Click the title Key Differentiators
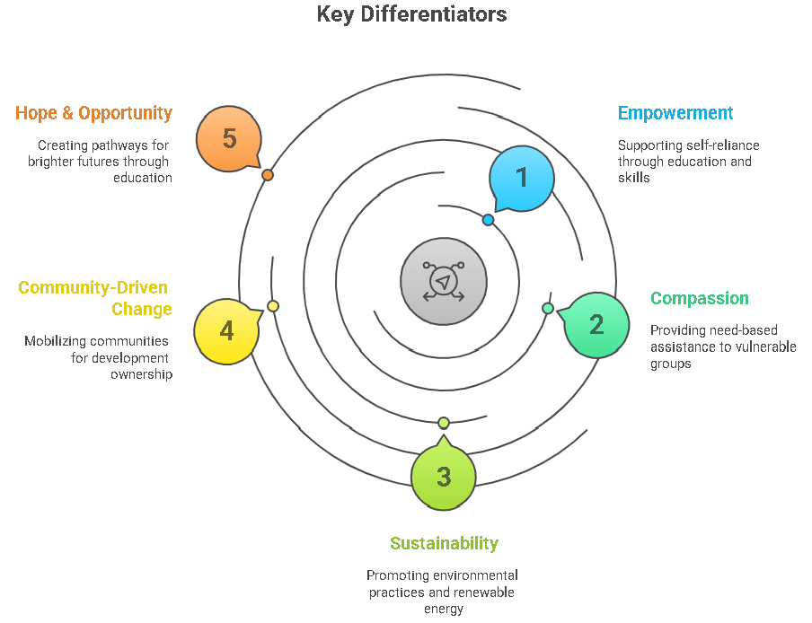411,15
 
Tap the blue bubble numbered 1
522,178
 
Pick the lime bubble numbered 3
444,478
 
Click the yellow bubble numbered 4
226,331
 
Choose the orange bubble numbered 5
229,139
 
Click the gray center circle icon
444,281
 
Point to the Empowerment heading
675,113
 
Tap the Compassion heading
699,298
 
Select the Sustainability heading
444,543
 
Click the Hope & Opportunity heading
93,113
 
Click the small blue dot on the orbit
488,220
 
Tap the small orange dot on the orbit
268,175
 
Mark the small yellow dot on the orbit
273,306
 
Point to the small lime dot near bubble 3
443,423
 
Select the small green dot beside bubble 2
548,308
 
